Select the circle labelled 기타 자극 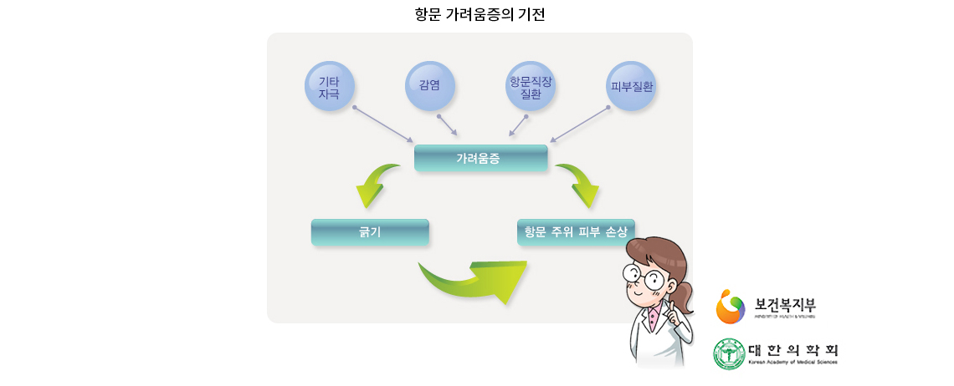pyautogui.click(x=329, y=86)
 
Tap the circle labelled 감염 pyautogui.click(x=429, y=86)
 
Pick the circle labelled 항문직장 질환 pyautogui.click(x=531, y=86)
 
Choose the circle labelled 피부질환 pyautogui.click(x=631, y=86)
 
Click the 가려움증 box pyautogui.click(x=480, y=158)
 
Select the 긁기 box pyautogui.click(x=369, y=231)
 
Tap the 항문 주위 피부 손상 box pyautogui.click(x=576, y=231)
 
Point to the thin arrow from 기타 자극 pyautogui.click(x=383, y=124)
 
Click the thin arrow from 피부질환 pyautogui.click(x=579, y=124)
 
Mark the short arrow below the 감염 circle pyautogui.click(x=448, y=125)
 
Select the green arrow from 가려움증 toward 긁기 pyautogui.click(x=375, y=184)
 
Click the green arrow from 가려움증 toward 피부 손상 pyautogui.click(x=581, y=184)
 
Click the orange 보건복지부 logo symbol pyautogui.click(x=730, y=307)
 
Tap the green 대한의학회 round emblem pyautogui.click(x=728, y=353)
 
